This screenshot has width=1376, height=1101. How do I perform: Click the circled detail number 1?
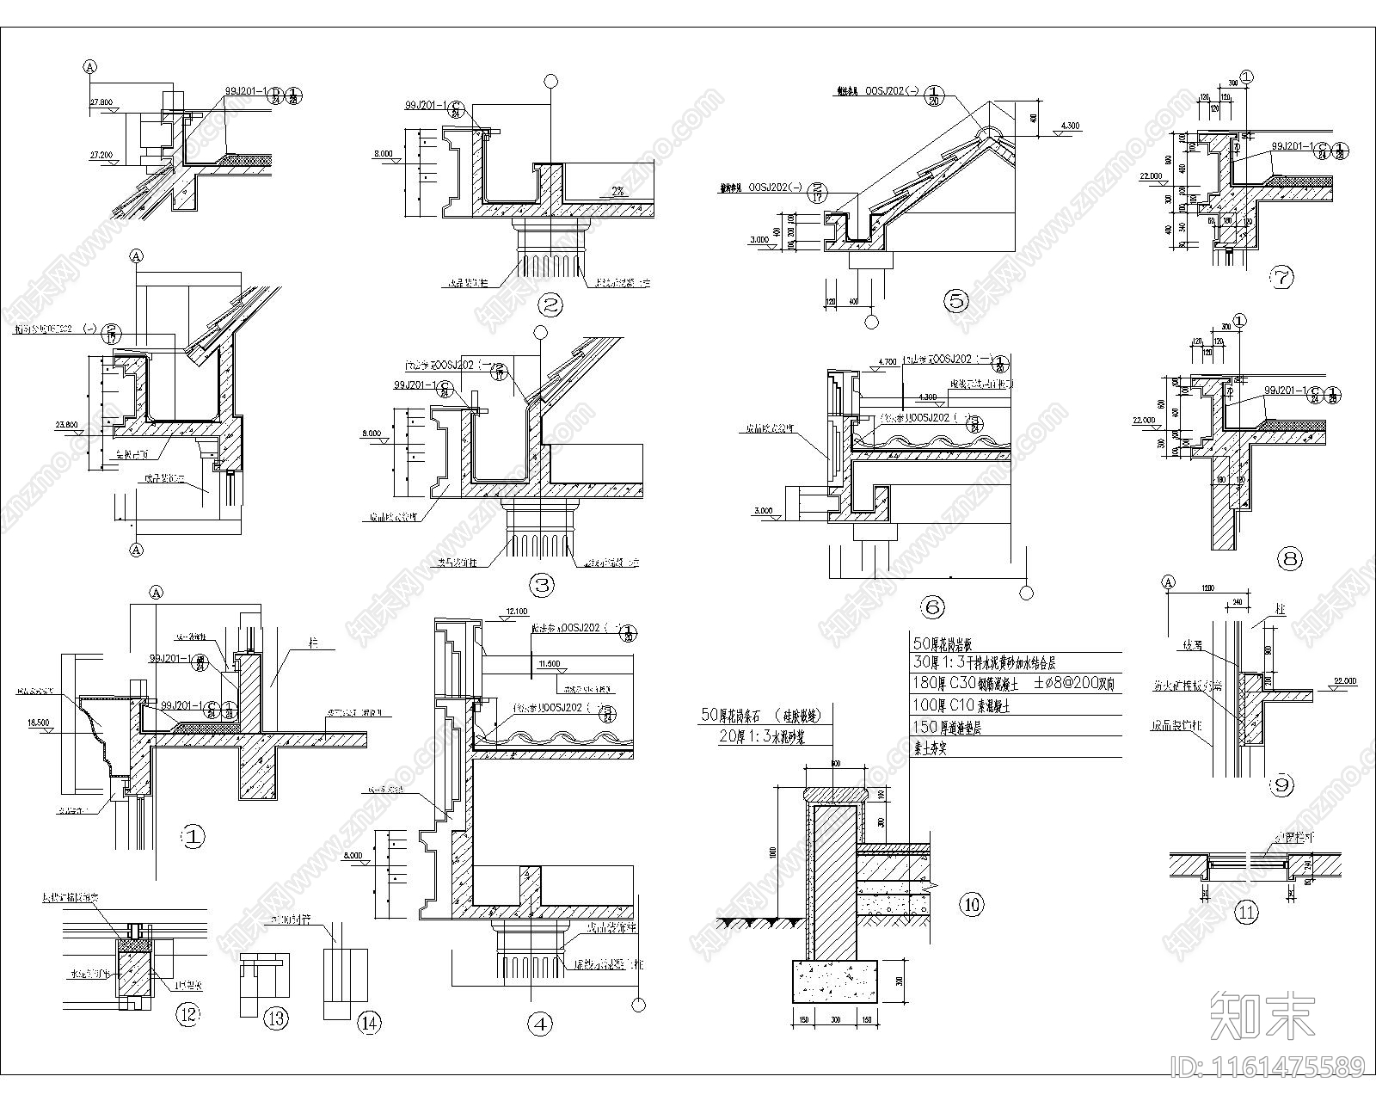193,834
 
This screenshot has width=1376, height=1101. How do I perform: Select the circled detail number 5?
955,301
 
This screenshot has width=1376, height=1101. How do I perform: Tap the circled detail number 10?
971,904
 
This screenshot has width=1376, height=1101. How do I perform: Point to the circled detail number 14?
369,1023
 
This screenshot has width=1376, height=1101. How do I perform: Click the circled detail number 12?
187,1014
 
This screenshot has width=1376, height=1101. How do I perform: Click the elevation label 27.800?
101,102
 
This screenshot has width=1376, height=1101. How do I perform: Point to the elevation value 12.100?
517,612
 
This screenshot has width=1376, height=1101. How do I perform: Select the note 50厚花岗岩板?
955,643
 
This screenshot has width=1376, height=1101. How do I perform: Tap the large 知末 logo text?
1262,1015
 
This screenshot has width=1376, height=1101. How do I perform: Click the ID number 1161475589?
1268,1067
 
